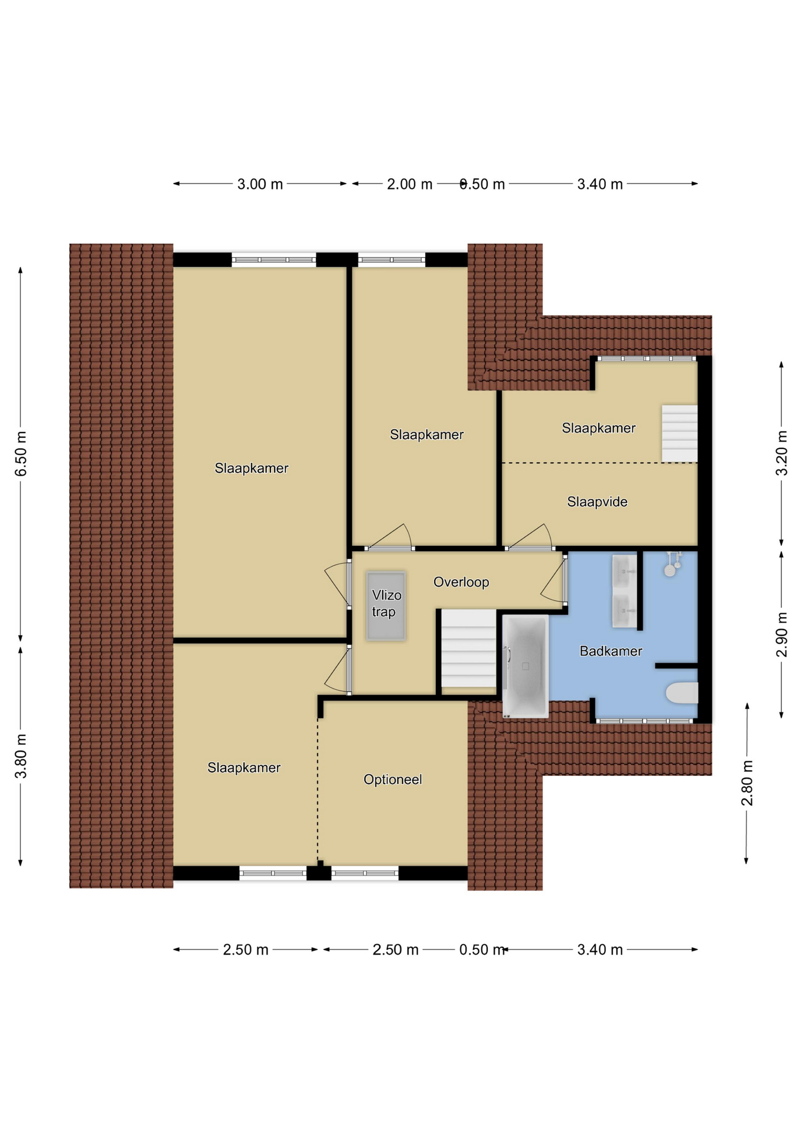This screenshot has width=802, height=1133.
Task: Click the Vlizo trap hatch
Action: pos(386,605)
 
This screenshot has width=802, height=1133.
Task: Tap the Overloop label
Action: pos(461,582)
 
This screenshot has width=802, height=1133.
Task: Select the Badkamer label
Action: pos(611,651)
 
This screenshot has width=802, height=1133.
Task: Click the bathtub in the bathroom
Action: pos(525,666)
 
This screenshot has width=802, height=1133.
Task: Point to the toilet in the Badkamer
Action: pos(682,693)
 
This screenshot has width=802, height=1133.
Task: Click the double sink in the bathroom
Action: pos(624,591)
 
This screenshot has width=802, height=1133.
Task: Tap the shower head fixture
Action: pos(671,564)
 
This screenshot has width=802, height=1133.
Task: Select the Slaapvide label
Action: pos(597,502)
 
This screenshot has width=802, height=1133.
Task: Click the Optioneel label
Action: pos(393,780)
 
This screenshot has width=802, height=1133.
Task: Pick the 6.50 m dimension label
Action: pos(21,453)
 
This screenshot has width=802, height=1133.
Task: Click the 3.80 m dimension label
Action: pos(21,757)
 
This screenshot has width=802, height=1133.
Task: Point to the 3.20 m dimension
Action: pos(781,453)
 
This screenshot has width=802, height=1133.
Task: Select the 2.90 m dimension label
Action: pos(781,634)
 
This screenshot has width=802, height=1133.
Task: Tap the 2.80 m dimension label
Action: pos(747,783)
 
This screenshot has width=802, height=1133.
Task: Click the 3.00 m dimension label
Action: pos(260,184)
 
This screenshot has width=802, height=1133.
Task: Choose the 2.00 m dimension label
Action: pos(410,184)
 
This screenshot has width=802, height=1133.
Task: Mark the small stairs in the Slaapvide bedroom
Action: pos(679,434)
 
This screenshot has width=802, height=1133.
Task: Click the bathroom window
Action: pos(645,721)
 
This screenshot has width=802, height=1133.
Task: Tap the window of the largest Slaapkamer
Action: pos(273,260)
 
